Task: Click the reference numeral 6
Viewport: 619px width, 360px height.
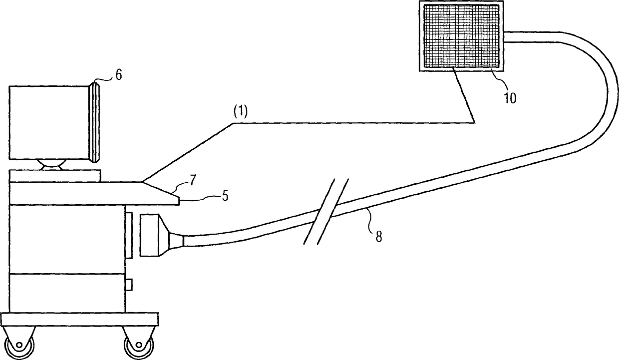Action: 118,75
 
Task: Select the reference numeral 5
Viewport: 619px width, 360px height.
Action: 225,196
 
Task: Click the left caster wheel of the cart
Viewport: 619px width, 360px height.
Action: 21,344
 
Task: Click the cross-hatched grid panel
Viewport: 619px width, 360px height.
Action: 461,36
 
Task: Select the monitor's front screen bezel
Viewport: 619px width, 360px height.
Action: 95,122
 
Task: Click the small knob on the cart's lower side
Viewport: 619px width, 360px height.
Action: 128,285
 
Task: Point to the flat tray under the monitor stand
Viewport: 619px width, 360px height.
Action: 55,175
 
